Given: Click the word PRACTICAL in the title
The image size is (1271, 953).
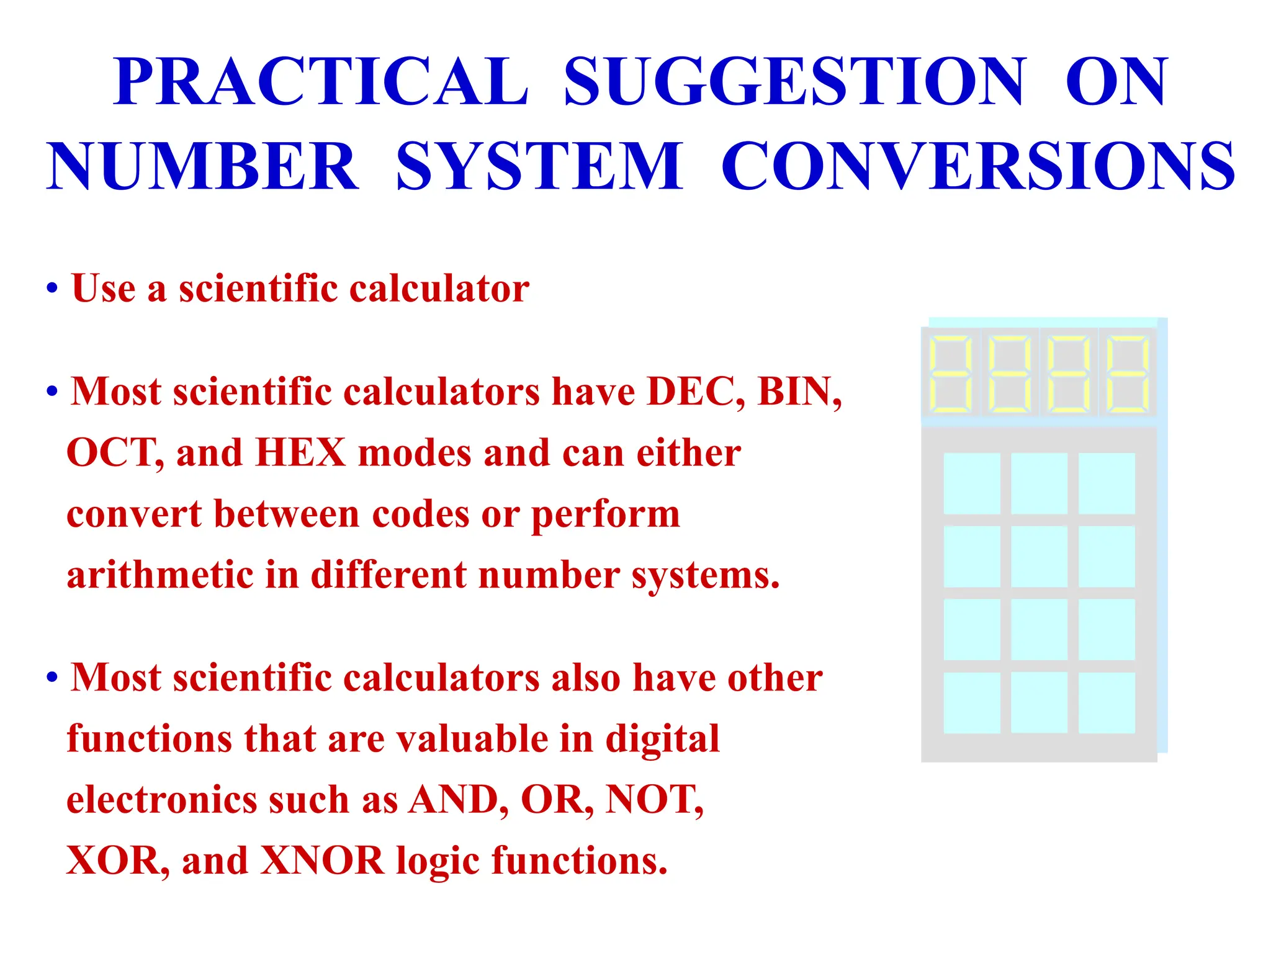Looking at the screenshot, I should point(320,82).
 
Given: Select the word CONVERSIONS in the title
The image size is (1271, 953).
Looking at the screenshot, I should point(978,166).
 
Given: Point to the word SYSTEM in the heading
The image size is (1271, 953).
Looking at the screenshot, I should point(539,166).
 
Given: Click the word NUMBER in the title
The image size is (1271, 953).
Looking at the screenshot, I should point(202,166).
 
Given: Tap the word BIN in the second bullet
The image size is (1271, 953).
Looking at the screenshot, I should point(796,392).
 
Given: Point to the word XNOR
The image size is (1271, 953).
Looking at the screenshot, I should point(322,861).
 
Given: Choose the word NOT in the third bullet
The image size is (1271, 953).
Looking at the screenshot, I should point(650,800).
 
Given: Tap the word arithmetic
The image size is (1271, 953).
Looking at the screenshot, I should point(159,575).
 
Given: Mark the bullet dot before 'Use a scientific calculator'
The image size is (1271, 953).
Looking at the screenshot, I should point(52,289).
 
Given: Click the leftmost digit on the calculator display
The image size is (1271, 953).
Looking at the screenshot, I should point(950,374).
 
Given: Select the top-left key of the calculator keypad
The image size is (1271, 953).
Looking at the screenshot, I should point(972,483).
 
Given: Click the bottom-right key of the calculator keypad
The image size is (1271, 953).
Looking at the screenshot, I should point(1107,702).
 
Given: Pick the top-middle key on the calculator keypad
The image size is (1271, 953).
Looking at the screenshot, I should point(1039,483).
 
